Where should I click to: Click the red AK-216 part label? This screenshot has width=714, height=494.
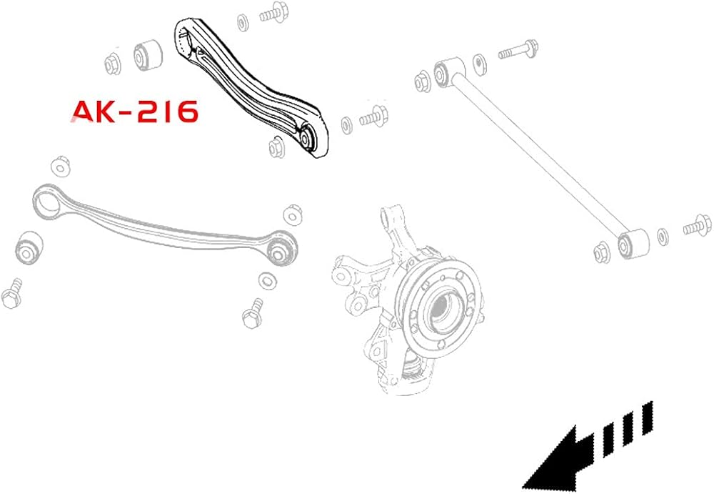pos(135,112)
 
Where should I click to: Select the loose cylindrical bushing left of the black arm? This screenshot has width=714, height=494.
pos(148,55)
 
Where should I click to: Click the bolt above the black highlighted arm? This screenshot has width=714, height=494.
pos(272,14)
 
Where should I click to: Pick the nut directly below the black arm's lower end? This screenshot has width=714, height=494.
pos(276,147)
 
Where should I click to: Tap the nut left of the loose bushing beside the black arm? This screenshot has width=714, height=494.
pos(112,64)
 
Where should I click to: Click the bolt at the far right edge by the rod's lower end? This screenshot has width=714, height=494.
pos(697,225)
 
